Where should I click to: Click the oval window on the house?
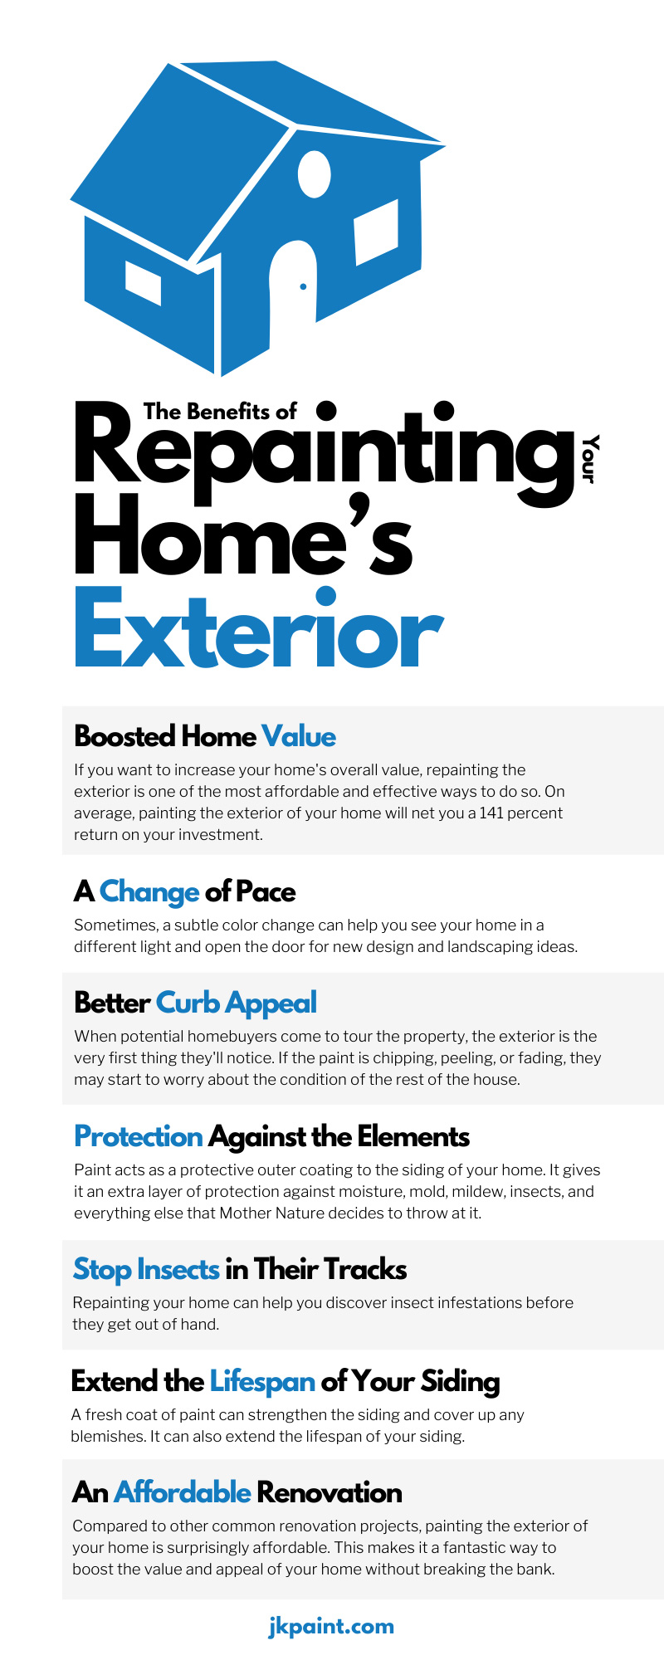click(314, 174)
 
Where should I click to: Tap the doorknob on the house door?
click(303, 286)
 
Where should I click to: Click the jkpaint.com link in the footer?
click(331, 1626)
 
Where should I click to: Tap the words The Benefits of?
click(220, 412)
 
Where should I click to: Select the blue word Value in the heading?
click(299, 736)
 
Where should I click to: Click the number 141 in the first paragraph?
click(492, 813)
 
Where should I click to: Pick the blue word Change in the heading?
click(149, 892)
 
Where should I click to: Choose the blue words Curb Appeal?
click(237, 1003)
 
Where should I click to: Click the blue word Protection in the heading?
click(139, 1136)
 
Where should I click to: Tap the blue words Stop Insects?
click(146, 1270)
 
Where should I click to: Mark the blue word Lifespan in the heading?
click(262, 1382)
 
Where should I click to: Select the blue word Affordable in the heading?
click(183, 1492)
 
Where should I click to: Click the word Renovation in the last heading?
click(330, 1492)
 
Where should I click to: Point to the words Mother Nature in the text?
click(269, 1213)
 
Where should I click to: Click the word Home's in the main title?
click(244, 536)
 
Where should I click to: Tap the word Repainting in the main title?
click(325, 453)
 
